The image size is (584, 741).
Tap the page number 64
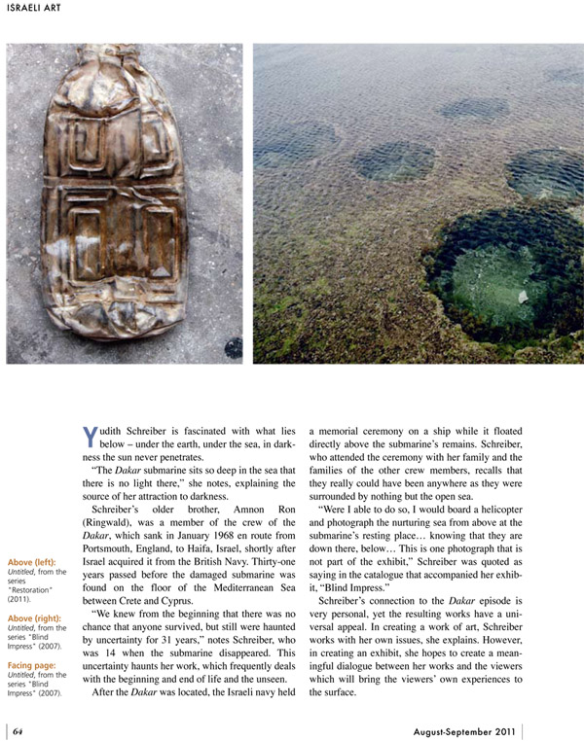coord(18,731)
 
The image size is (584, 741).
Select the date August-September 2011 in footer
coord(464,731)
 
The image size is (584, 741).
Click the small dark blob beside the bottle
coord(234,347)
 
